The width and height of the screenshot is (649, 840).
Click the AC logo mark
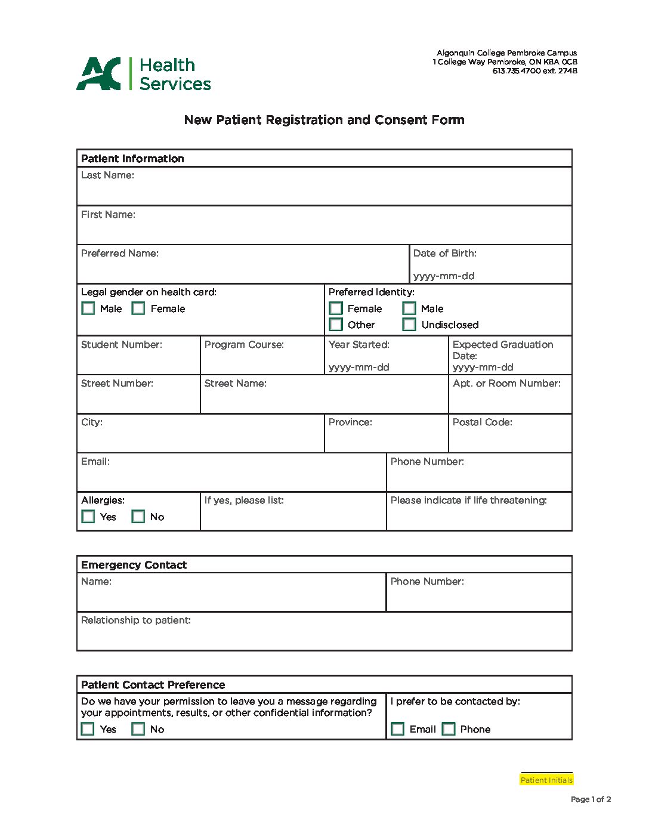tap(98, 74)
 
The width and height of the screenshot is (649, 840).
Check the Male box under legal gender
tap(88, 308)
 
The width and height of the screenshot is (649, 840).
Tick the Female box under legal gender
tap(138, 308)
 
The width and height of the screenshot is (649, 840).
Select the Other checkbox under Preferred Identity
tap(336, 325)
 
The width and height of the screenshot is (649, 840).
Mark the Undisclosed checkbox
tap(409, 325)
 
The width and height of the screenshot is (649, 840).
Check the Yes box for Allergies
tap(88, 517)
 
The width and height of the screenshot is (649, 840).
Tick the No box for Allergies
tap(138, 517)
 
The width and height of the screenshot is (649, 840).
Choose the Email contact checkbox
tap(398, 729)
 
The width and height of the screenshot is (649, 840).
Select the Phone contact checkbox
tap(449, 729)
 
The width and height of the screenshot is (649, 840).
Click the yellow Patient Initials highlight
tap(546, 780)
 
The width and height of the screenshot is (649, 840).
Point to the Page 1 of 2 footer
tap(591, 799)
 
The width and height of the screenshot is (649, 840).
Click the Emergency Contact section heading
tap(134, 565)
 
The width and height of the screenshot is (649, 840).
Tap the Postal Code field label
tap(482, 422)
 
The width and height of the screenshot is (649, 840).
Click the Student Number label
tap(122, 345)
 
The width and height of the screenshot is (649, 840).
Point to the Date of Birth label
tap(445, 254)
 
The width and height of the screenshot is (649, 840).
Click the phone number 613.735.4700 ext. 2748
tap(534, 71)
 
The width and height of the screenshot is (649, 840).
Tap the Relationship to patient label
tap(136, 620)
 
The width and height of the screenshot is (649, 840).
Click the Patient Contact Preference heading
tap(153, 685)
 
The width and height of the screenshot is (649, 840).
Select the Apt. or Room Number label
tap(506, 384)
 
